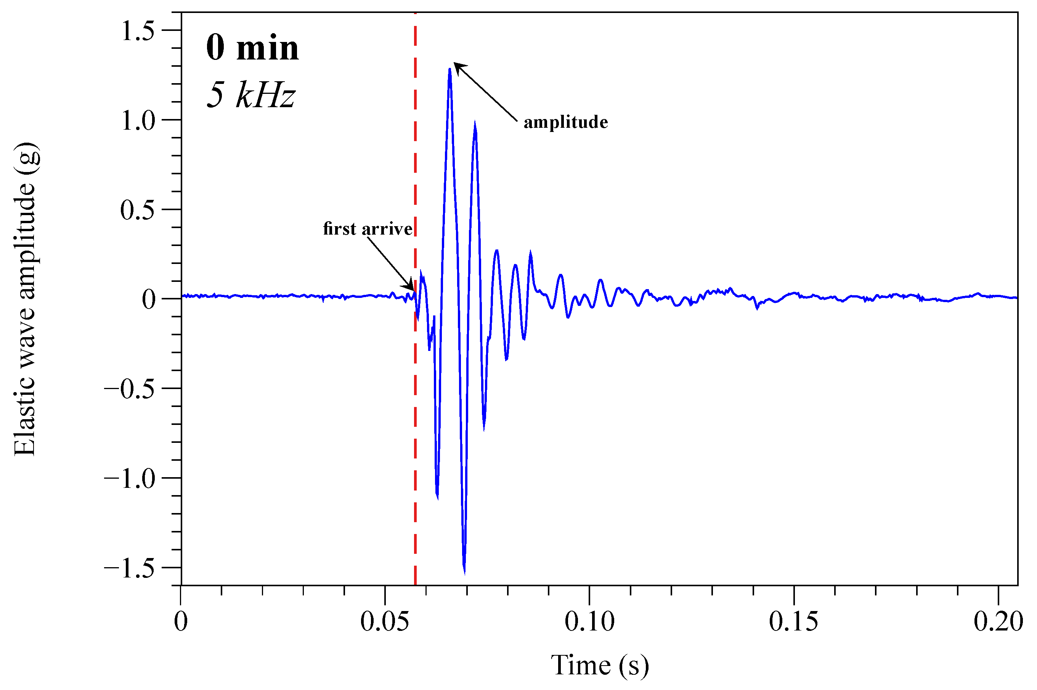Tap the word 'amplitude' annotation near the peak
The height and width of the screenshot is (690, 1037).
pos(565,122)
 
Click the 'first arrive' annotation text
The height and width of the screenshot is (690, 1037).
pos(367,229)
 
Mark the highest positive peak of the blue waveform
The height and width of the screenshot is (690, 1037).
pos(449,69)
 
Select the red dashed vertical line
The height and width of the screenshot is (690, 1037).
pos(415,396)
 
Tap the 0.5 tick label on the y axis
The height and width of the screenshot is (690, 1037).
pos(138,210)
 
